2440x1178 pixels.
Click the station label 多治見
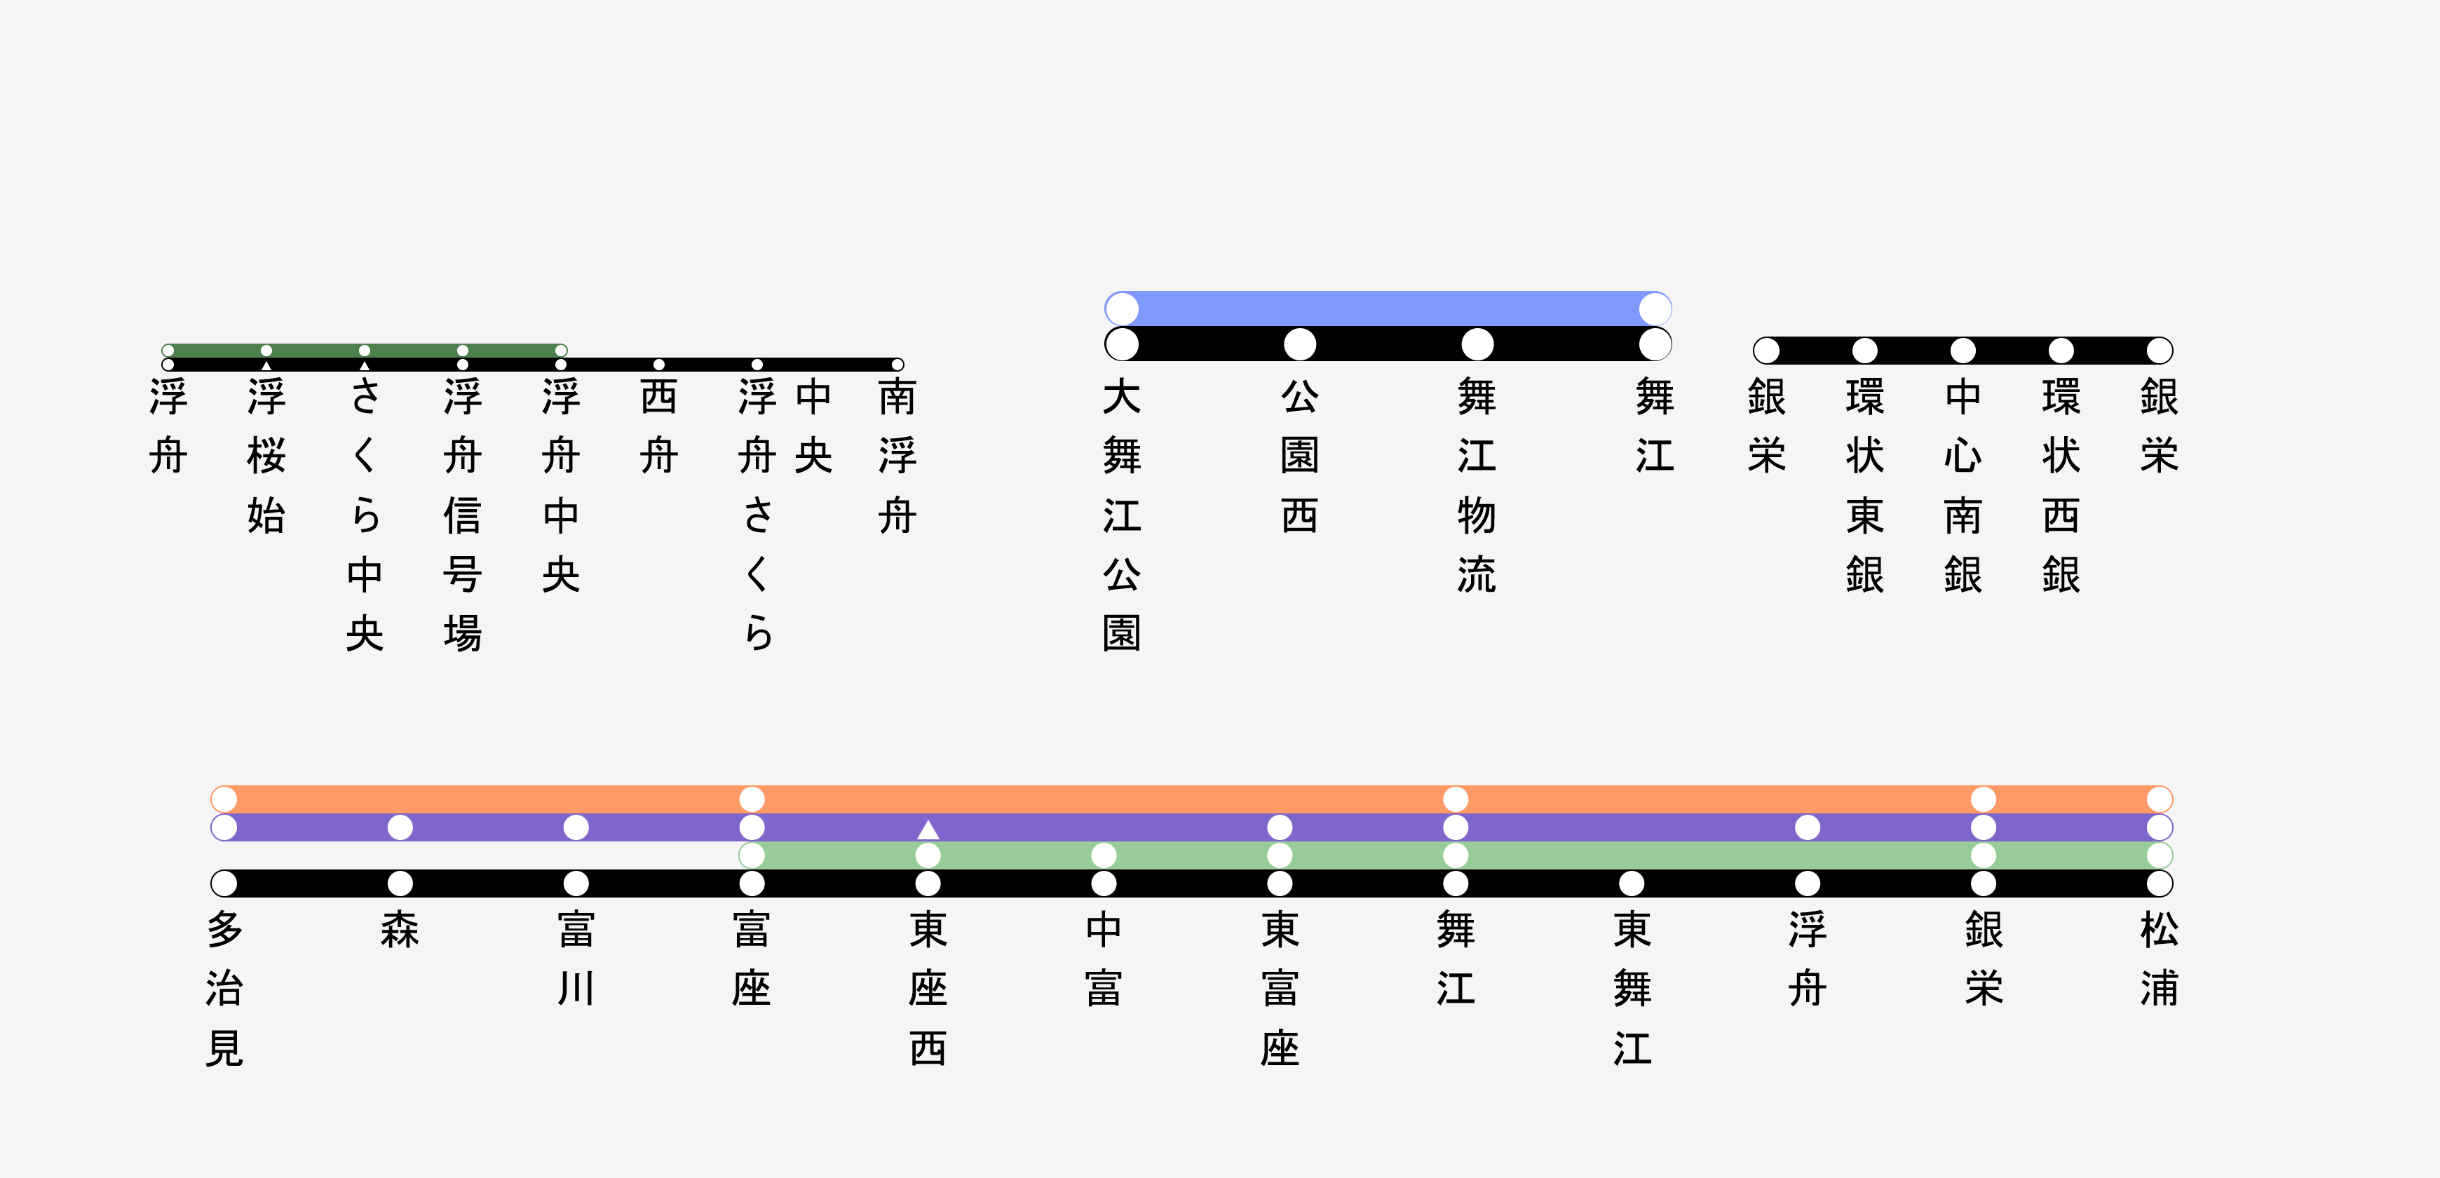[224, 989]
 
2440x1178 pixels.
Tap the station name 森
[400, 930]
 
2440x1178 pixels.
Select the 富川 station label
[576, 959]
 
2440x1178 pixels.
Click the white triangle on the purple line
[928, 830]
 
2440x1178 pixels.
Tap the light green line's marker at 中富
[1104, 855]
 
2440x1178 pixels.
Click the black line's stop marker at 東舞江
[1631, 883]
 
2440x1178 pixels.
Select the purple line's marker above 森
[400, 827]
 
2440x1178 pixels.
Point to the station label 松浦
[2160, 959]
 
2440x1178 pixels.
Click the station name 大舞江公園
[1122, 514]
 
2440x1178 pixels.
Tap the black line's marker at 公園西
[1299, 344]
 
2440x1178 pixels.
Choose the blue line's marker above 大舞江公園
[1122, 309]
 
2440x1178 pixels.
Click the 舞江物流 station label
[1477, 485]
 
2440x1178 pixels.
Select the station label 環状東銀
[1864, 485]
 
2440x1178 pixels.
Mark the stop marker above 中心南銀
[1963, 351]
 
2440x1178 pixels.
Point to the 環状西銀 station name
[2061, 485]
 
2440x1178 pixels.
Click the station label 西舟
[658, 426]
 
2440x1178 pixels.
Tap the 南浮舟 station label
[897, 456]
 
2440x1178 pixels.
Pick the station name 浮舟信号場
[462, 514]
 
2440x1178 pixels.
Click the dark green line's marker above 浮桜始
[266, 351]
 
